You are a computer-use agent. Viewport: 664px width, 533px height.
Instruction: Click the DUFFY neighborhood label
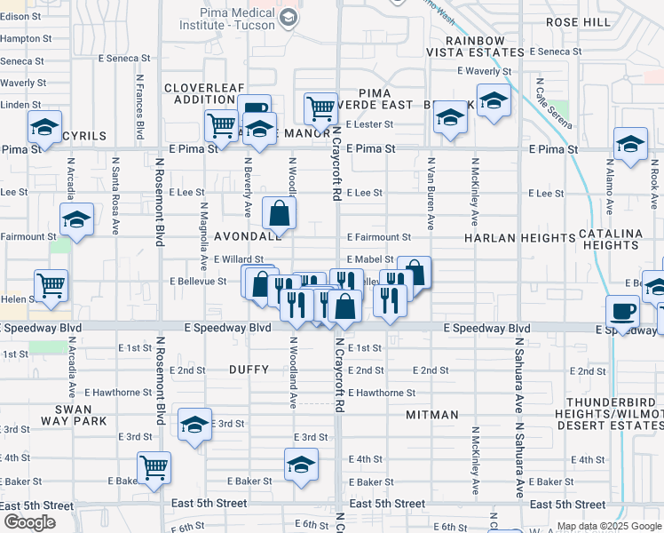(248, 369)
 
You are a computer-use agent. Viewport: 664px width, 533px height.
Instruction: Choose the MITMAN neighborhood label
(432, 415)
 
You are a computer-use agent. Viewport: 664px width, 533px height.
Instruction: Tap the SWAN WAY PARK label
(80, 415)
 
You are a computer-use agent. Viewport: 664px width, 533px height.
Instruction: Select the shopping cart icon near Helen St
(51, 286)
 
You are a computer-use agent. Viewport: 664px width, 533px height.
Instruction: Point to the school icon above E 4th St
(301, 464)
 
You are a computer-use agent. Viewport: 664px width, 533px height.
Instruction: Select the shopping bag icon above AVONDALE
(279, 213)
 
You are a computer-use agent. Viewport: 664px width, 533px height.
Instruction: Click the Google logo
(29, 522)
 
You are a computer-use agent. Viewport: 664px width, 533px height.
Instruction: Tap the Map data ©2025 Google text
(608, 527)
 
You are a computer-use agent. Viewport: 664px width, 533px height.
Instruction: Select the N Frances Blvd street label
(140, 106)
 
